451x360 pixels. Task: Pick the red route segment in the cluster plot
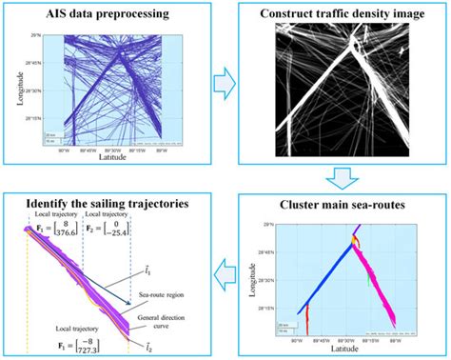(303, 321)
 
